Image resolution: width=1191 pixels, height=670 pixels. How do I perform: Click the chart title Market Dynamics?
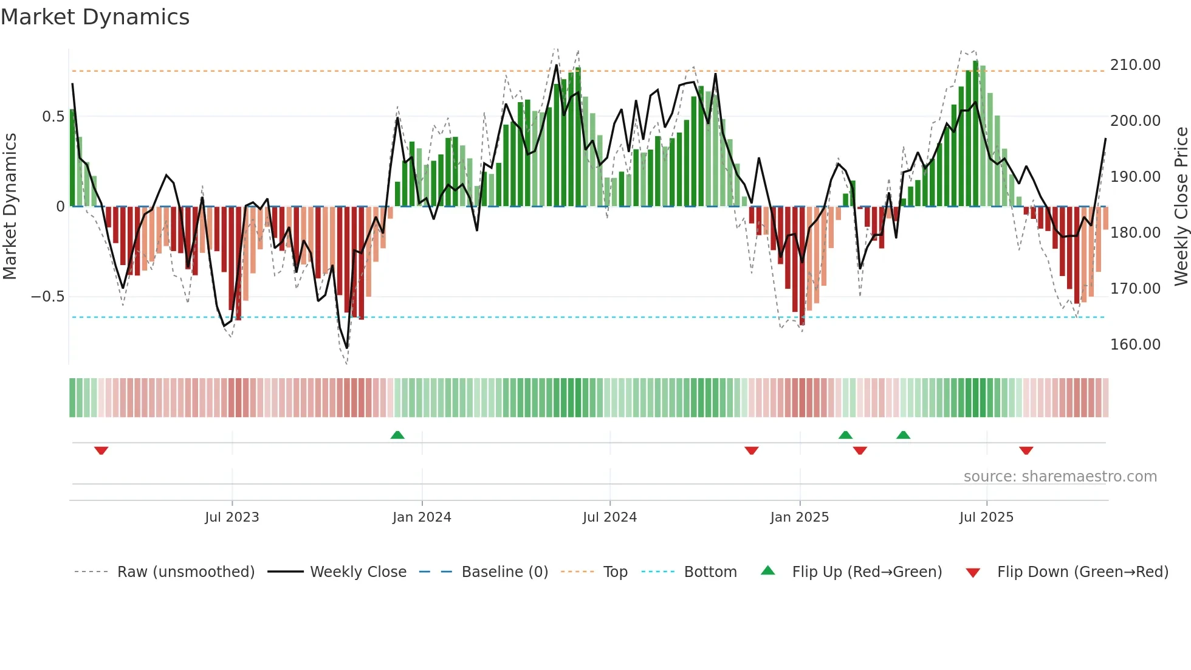tap(95, 17)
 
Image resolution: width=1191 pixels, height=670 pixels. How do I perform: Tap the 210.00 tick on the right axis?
tap(1135, 65)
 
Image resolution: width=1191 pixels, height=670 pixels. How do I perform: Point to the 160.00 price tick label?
tap(1135, 345)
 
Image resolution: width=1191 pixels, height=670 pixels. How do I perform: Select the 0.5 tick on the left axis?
tap(53, 117)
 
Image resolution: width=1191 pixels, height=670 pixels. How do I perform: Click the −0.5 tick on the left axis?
tap(47, 297)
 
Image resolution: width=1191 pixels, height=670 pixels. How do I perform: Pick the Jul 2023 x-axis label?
tap(232, 517)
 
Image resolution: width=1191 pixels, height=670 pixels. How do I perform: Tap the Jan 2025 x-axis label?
tap(799, 517)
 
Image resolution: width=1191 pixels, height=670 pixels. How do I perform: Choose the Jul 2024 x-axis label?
tap(609, 517)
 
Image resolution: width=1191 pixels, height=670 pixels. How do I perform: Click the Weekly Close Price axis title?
tap(1181, 206)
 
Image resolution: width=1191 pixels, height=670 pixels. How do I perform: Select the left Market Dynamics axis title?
tap(10, 206)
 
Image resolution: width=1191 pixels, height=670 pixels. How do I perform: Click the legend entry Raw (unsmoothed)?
tap(185, 572)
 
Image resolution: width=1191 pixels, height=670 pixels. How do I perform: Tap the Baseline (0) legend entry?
tap(504, 572)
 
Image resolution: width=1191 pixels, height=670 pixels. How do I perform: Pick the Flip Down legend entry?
tap(1082, 572)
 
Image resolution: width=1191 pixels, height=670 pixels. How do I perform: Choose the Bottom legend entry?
tap(710, 572)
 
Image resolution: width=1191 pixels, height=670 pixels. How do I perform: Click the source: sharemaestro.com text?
tap(1060, 477)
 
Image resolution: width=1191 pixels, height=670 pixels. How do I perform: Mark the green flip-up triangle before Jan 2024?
tap(397, 435)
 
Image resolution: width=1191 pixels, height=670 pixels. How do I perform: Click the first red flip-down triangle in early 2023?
tap(101, 451)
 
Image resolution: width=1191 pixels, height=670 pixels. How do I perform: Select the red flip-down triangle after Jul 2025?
tap(1026, 451)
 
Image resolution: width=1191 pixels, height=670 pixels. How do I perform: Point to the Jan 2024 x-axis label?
tap(422, 517)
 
